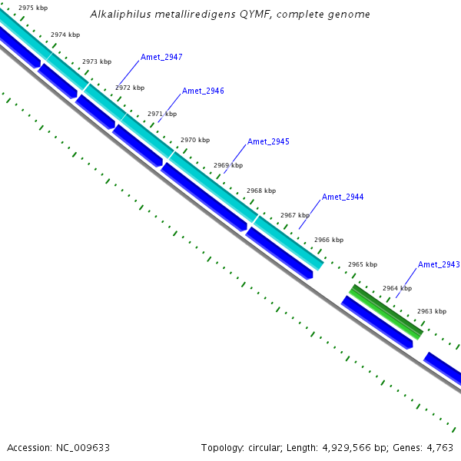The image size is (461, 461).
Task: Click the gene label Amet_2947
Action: coord(161,58)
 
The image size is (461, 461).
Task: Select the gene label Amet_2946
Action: coord(203,91)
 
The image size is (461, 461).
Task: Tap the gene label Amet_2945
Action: coord(268,142)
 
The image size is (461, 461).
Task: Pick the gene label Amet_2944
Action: coord(343,197)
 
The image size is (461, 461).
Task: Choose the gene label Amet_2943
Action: coord(439,265)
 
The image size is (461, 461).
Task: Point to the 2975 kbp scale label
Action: coord(33,8)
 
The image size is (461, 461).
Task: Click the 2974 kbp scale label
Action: coord(65,35)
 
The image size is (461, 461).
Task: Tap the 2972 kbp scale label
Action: coord(130,88)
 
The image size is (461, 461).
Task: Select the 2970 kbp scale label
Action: coord(195,141)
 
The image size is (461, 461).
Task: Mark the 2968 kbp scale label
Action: coord(260,191)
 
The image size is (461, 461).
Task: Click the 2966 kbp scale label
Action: coord(328,240)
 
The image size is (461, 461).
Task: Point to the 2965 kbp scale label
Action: coord(363,265)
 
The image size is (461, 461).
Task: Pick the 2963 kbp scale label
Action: coord(432,312)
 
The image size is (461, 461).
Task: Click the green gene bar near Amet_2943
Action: coord(386,311)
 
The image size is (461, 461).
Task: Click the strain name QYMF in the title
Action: coord(262,15)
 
